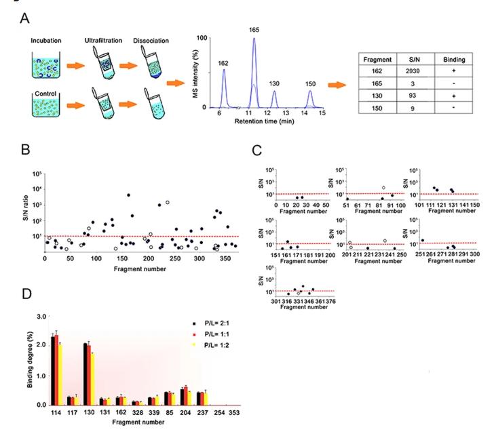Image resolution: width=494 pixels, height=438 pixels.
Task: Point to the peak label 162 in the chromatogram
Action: coord(223,62)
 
